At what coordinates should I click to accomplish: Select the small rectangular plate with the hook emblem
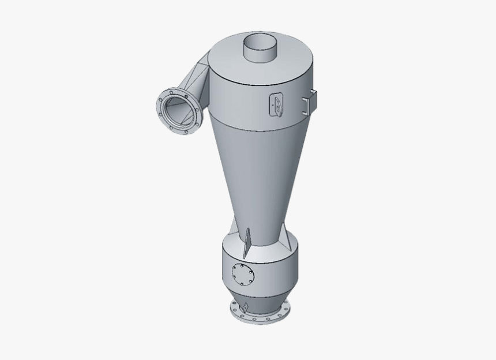click(276, 105)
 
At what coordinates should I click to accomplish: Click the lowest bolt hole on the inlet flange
click(187, 132)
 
